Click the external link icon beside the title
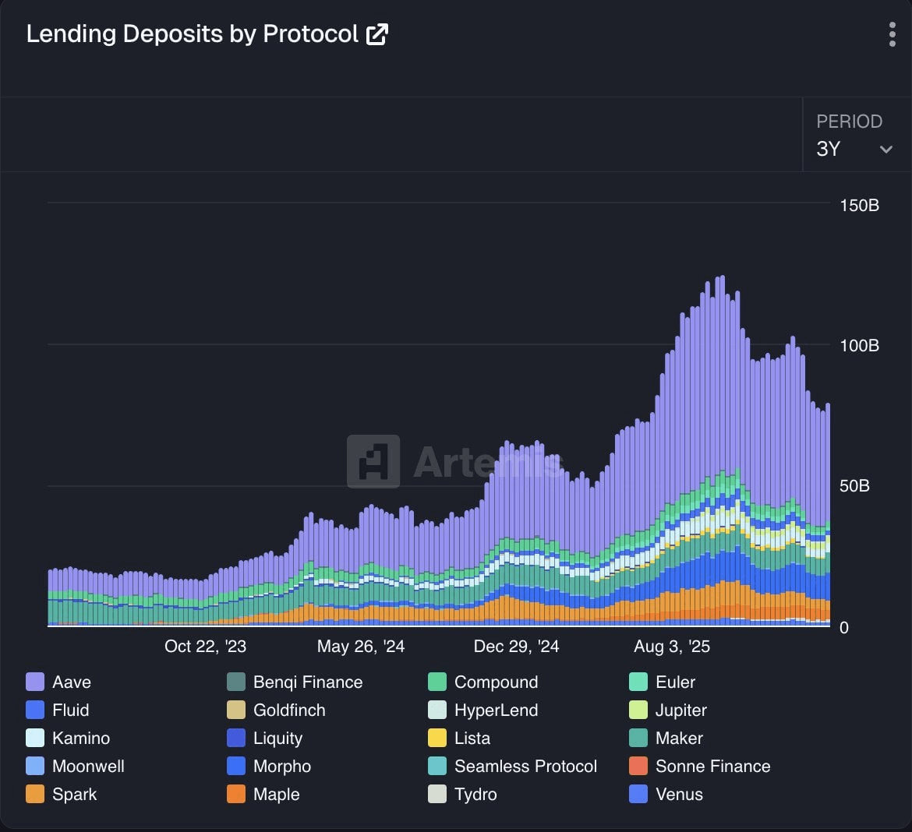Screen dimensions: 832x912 click(x=377, y=34)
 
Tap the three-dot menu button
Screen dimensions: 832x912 click(x=892, y=34)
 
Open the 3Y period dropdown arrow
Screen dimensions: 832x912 click(x=885, y=150)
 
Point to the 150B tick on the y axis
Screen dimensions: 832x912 click(x=859, y=206)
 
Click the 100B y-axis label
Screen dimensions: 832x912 click(x=859, y=346)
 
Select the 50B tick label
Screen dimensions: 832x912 click(x=854, y=486)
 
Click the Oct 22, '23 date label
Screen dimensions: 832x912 click(x=205, y=647)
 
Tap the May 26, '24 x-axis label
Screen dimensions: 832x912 click(x=361, y=647)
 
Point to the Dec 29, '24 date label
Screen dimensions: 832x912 click(x=516, y=647)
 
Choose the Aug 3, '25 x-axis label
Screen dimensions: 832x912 click(x=672, y=647)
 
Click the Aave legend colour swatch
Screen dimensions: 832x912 click(x=35, y=682)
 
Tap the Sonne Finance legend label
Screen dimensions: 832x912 click(x=712, y=767)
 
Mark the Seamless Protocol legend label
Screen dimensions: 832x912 click(x=525, y=767)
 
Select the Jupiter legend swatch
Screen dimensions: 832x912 click(x=638, y=710)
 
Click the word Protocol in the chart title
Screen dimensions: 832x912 click(x=310, y=34)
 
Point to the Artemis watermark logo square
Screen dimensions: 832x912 click(x=373, y=461)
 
